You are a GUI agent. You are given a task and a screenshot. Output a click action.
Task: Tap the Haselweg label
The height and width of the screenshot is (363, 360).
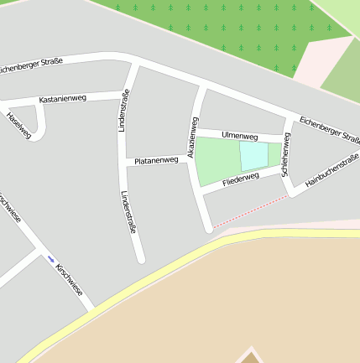[18, 124]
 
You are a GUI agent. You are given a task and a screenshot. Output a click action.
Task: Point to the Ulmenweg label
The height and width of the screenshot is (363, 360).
[239, 135]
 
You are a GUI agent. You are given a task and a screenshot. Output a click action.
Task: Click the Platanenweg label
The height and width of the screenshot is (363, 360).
[156, 160]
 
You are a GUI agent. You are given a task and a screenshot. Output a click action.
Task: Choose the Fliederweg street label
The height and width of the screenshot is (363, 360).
[241, 180]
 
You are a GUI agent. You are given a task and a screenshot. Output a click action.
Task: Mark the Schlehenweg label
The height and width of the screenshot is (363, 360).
[286, 152]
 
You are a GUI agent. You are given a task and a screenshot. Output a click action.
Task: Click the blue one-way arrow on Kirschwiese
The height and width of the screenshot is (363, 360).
[51, 258]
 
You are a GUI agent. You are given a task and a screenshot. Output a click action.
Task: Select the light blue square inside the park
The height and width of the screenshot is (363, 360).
[253, 157]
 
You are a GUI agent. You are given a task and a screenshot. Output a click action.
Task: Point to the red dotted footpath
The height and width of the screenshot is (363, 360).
[250, 211]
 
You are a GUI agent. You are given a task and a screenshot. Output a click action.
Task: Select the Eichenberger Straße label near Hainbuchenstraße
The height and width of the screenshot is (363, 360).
[330, 129]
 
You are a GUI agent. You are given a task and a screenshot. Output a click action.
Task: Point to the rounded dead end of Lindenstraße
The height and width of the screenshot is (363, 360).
[141, 259]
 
